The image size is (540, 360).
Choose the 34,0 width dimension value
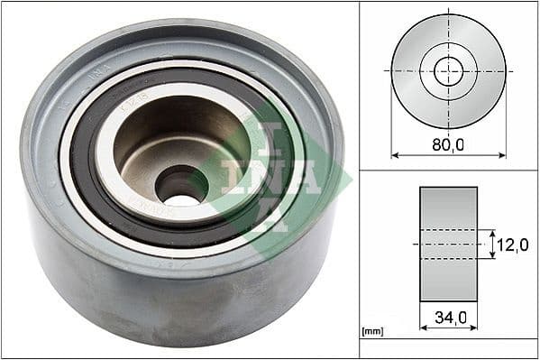point(448,317)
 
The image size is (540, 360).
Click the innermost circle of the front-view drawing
point(448,70)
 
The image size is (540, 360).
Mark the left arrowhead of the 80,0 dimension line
point(394,154)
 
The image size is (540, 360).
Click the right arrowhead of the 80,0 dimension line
point(502,154)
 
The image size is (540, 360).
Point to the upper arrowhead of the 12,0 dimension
point(493,231)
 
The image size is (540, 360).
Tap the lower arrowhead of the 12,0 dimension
point(493,256)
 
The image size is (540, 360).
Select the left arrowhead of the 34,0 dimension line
point(423,328)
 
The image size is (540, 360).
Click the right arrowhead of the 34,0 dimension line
point(474,328)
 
